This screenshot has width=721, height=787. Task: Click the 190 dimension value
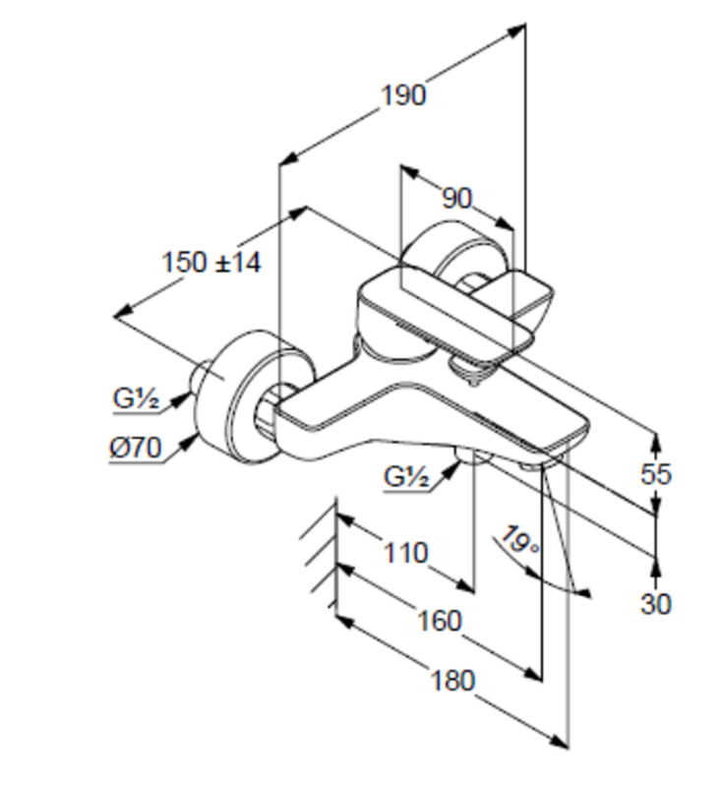coord(403,95)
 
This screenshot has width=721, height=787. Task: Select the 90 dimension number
coord(455,199)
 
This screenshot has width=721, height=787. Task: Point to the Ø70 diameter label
coord(135,448)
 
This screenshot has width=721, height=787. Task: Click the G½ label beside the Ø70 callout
coord(136,399)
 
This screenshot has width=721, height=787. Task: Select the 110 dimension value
coord(404,553)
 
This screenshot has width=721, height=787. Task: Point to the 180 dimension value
coord(451,680)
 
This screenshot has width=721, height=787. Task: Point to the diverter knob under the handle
coord(474,370)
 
